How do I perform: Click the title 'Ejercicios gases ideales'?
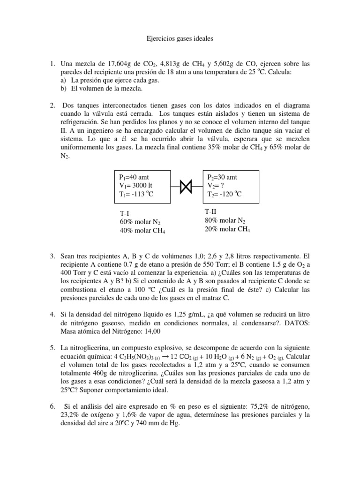click(x=180, y=39)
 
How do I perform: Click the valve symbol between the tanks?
click(x=186, y=187)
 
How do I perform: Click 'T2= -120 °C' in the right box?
click(x=224, y=195)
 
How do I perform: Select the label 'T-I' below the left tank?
click(x=125, y=213)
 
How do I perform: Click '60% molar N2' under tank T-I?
click(x=140, y=222)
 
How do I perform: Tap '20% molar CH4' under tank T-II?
click(x=227, y=229)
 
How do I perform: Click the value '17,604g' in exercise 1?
click(x=119, y=63)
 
